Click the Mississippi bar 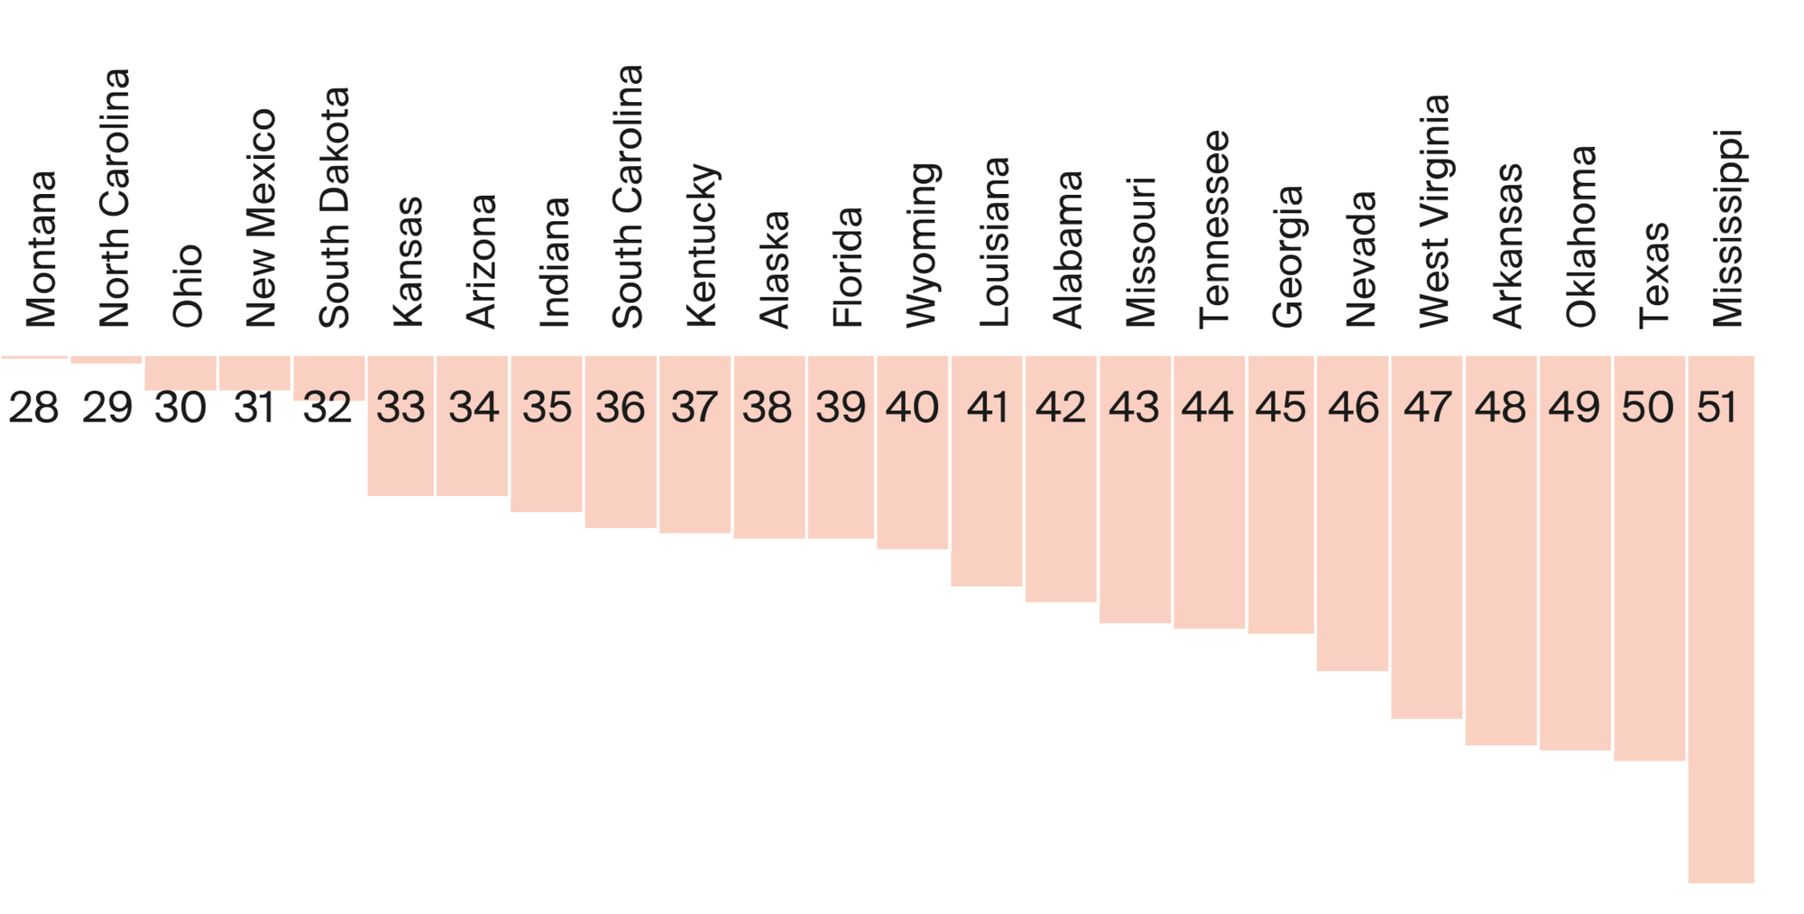[1721, 632]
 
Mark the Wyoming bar [912, 478]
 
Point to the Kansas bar [400, 451]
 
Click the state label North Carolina [115, 198]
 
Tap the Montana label [41, 249]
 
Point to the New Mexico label [261, 217]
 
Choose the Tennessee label [1214, 229]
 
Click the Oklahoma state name [1581, 236]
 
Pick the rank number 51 [1717, 408]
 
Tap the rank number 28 [34, 408]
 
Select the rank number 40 [912, 408]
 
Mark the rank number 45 [1280, 408]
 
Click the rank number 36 [621, 408]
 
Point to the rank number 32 [327, 408]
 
